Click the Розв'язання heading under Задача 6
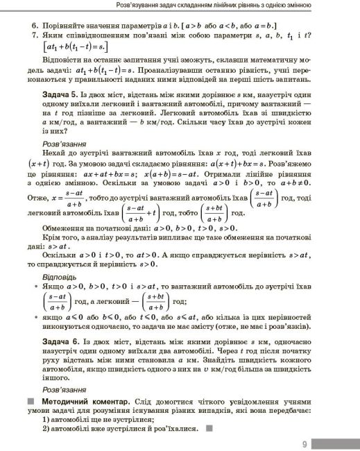click(x=56, y=389)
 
